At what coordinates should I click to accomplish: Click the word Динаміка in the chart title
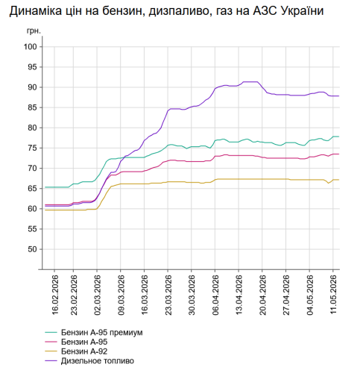(x=35, y=11)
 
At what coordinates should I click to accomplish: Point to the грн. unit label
(x=34, y=31)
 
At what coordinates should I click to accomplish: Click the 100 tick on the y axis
(x=31, y=47)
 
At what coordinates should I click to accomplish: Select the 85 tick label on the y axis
(x=32, y=107)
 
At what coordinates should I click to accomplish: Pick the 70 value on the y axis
(x=32, y=169)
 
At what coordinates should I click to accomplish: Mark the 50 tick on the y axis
(x=32, y=249)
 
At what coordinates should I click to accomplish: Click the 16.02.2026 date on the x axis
(x=54, y=295)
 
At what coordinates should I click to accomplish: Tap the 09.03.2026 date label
(x=121, y=295)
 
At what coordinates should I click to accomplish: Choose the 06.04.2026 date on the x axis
(x=215, y=295)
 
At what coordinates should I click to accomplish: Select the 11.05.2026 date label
(x=333, y=295)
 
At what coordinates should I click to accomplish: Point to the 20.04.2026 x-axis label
(x=262, y=295)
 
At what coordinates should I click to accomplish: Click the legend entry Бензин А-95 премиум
(x=102, y=333)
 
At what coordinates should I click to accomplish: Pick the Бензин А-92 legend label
(x=84, y=351)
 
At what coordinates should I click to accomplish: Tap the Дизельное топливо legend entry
(x=98, y=361)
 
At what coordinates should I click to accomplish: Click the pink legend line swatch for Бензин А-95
(x=51, y=342)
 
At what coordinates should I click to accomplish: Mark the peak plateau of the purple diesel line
(x=250, y=81)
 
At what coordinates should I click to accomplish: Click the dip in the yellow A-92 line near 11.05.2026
(x=329, y=183)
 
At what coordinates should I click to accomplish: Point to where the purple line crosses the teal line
(x=124, y=157)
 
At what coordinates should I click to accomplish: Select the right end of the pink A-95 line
(x=339, y=154)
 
